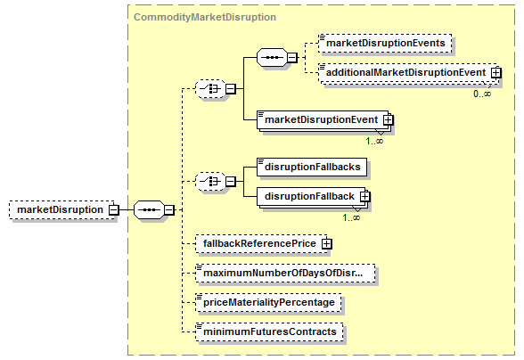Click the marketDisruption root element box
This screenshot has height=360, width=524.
pos(61,210)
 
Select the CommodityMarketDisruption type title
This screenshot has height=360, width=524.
pos(205,17)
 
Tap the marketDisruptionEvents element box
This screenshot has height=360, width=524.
pos(385,43)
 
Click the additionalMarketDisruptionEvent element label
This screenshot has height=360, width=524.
pos(406,72)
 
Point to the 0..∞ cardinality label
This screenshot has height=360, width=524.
pos(482,94)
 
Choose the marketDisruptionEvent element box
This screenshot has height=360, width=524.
pos(323,119)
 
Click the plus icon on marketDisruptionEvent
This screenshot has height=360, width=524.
pos(388,119)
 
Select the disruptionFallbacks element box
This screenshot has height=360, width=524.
pos(312,167)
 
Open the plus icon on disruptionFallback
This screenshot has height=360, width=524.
pos(365,196)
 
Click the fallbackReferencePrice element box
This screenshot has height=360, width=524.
pos(261,243)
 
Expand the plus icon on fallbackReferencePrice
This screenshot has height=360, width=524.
pos(326,243)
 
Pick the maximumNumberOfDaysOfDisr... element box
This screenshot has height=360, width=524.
pos(285,273)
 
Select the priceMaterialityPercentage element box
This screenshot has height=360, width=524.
pos(268,302)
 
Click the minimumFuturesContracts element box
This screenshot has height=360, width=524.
pos(269,331)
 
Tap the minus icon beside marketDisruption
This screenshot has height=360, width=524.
pos(114,210)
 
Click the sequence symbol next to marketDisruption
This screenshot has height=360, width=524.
pos(149,210)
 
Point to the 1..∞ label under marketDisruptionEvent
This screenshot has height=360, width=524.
pos(374,141)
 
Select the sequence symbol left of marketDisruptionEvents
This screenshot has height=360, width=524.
pos(272,58)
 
